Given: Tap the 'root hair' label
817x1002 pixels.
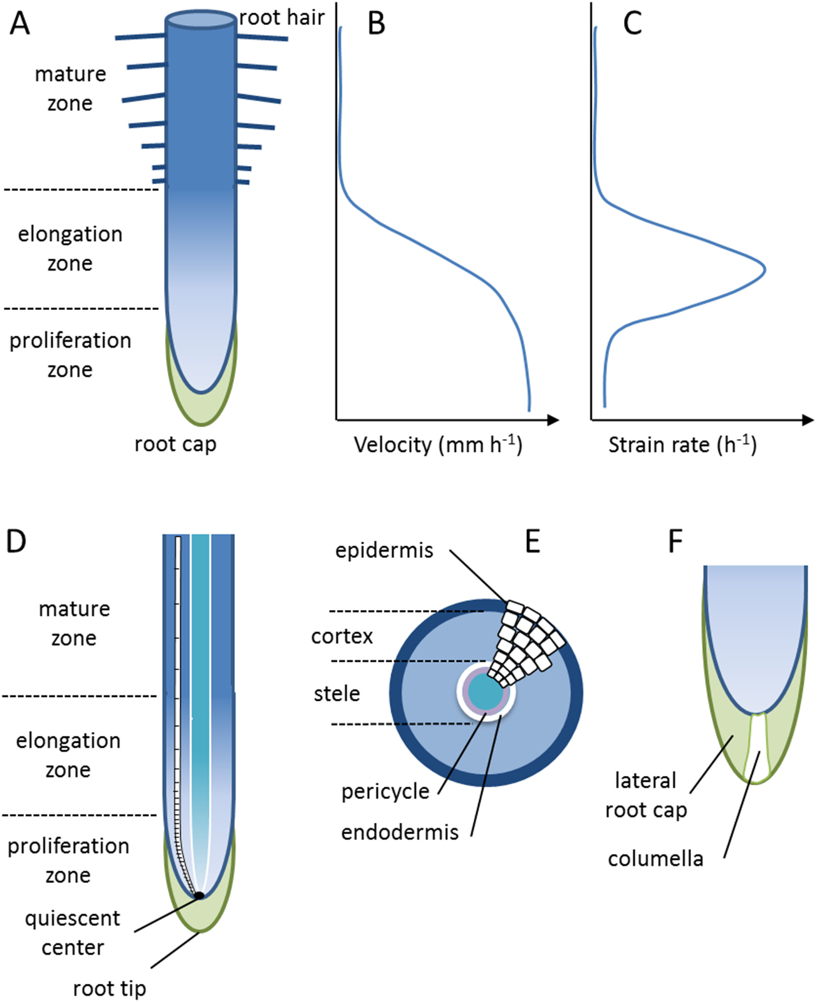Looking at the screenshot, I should [282, 18].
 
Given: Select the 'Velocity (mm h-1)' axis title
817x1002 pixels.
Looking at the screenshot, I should [438, 445].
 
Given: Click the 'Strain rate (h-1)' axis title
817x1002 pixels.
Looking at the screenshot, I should [682, 445].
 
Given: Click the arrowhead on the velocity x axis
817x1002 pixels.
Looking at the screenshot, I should [553, 420].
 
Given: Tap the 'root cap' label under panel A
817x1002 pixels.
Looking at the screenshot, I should [175, 444].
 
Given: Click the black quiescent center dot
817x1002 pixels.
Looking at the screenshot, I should [199, 896].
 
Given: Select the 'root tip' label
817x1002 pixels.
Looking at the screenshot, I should [109, 988].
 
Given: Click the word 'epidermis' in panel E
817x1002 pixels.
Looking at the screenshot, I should [384, 550].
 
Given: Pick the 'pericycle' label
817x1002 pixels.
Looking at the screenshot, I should [385, 792].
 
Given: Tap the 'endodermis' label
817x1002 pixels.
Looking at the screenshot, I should [400, 832].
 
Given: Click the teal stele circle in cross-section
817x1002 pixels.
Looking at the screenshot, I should [486, 693].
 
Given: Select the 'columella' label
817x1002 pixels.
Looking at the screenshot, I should [655, 858].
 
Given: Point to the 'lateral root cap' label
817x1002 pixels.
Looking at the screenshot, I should [646, 795].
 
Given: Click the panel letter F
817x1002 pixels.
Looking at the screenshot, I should [675, 542].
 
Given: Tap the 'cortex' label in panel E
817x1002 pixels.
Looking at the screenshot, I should [342, 636].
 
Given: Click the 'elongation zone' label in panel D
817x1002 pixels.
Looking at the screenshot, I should [68, 755].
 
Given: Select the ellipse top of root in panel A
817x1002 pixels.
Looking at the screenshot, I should [200, 19].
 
